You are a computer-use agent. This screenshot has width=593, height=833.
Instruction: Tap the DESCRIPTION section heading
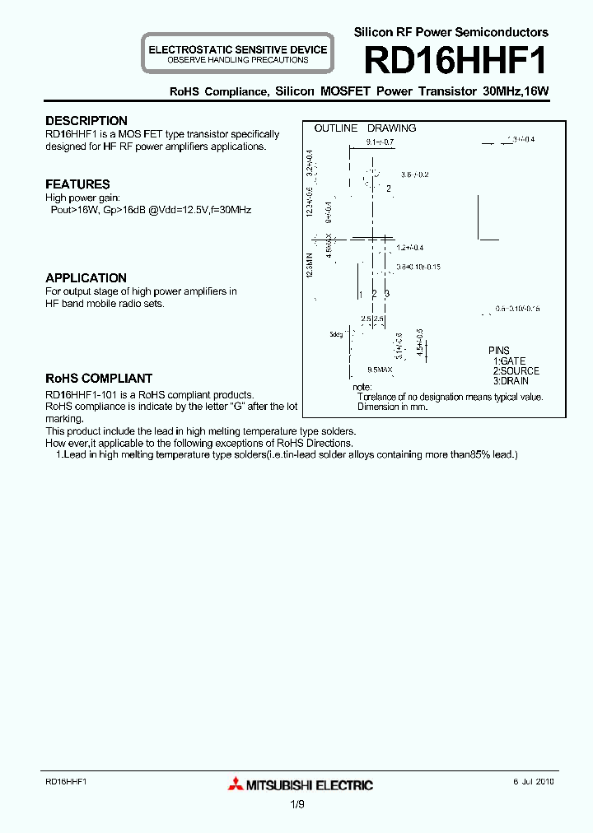coord(86,121)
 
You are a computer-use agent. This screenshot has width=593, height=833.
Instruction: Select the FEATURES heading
coord(77,184)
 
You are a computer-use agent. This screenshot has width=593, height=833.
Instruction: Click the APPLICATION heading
coord(86,278)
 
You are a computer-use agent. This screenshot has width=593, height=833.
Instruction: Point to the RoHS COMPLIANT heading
coord(99,379)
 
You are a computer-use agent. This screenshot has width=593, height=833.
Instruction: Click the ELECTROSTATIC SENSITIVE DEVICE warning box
coord(237,54)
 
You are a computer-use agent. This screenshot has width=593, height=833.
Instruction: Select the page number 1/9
coord(296,806)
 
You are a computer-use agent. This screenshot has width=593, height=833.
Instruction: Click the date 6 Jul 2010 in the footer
coord(530,780)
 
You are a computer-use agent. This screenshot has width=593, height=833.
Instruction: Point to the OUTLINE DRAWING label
coord(365,128)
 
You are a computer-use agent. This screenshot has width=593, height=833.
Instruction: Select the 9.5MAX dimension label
coord(380,370)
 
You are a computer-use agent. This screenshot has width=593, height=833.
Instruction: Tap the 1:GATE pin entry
coord(509,361)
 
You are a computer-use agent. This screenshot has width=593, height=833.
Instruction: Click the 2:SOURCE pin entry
coord(516,371)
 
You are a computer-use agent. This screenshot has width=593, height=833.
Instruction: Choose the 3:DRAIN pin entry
coord(511,381)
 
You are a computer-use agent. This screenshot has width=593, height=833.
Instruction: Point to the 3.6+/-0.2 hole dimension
coord(415,175)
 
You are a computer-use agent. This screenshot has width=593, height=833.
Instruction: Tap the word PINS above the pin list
coord(498,351)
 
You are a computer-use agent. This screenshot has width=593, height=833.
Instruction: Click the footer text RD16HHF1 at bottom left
coord(66,780)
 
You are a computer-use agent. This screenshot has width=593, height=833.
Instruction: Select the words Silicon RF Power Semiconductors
coord(451,32)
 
